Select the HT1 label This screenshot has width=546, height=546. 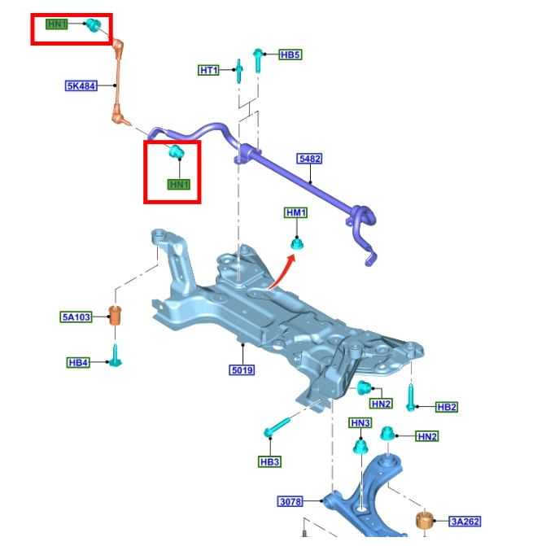click(x=209, y=71)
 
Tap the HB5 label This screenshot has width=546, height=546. click(x=290, y=55)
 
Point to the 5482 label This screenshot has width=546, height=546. click(x=309, y=160)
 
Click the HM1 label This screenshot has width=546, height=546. click(x=296, y=213)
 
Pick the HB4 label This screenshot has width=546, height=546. click(x=78, y=362)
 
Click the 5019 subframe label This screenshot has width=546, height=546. click(x=242, y=371)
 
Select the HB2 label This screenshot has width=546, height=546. click(x=448, y=407)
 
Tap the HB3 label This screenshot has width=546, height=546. click(x=270, y=462)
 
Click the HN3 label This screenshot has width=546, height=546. click(x=360, y=423)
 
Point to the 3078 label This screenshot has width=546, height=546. click(x=290, y=501)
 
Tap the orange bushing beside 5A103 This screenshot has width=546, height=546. click(x=116, y=314)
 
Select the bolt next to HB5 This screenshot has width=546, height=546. click(x=257, y=59)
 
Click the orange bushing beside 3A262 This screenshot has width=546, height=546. click(x=424, y=521)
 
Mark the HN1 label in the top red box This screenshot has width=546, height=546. click(x=57, y=24)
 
